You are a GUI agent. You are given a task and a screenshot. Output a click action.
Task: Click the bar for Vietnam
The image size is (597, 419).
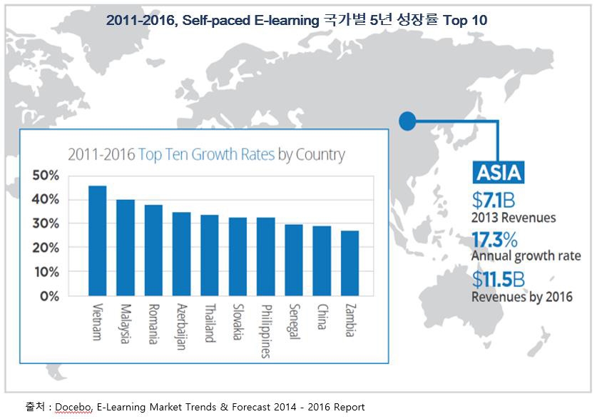pos(97,241)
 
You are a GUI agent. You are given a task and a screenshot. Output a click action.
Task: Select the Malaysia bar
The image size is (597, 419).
pos(126,247)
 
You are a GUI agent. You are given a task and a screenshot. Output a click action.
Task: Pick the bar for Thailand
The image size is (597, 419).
pos(210,255)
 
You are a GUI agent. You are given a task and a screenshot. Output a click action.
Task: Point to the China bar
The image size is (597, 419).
pos(322,261)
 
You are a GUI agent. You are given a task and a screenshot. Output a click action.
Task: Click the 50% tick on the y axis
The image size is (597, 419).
pos(46,176)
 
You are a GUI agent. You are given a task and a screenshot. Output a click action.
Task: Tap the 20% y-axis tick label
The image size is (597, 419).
pos(46,248)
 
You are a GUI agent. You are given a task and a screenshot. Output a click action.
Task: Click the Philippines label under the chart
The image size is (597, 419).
pos(265,329)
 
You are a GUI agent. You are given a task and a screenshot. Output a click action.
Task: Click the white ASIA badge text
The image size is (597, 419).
pos(499,172)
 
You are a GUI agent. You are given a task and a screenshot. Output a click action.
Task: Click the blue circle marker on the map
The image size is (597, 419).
pos(407,121)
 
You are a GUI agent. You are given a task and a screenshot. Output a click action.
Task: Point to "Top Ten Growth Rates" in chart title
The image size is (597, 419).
pos(206,154)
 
